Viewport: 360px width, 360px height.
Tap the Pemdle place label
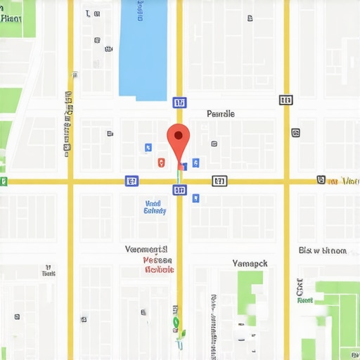tap(221, 113)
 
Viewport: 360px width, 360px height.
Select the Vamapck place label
tap(250, 263)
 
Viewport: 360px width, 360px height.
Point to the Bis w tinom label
tap(322, 250)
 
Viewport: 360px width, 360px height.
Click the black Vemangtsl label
tap(146, 249)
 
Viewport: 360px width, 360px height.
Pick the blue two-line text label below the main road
tap(155, 207)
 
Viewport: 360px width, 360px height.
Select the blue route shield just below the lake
tap(179, 103)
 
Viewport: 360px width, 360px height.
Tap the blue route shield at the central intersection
tap(179, 190)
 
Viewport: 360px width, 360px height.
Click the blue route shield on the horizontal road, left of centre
tap(131, 181)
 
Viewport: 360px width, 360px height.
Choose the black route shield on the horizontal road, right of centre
tap(219, 181)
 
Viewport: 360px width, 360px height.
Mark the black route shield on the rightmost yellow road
tap(285, 100)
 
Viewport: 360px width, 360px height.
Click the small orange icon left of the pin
tap(162, 162)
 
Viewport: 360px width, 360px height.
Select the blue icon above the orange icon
tap(148, 148)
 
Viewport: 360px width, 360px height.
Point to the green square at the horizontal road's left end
tap(4, 182)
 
